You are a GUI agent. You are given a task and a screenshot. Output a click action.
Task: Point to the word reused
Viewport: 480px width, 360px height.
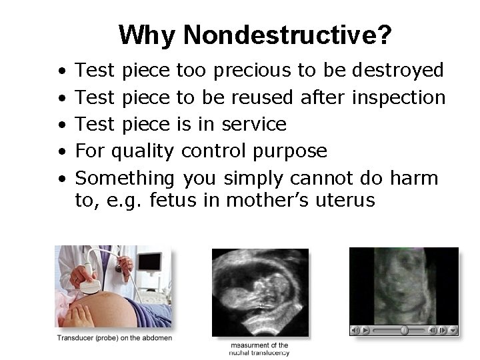point(262,97)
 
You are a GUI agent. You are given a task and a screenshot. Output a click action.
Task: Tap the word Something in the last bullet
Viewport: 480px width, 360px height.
point(125,179)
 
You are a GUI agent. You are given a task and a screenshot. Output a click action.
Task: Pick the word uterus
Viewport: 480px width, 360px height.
point(344,200)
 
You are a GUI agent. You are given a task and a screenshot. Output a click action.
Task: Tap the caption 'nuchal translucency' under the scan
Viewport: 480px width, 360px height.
point(260,353)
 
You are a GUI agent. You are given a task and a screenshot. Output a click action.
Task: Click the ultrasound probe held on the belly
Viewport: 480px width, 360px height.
point(89,286)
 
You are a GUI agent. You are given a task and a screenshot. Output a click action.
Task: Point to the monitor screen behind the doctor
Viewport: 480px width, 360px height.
point(150,262)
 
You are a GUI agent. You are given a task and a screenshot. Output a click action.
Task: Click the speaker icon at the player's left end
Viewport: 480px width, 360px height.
point(356,330)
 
